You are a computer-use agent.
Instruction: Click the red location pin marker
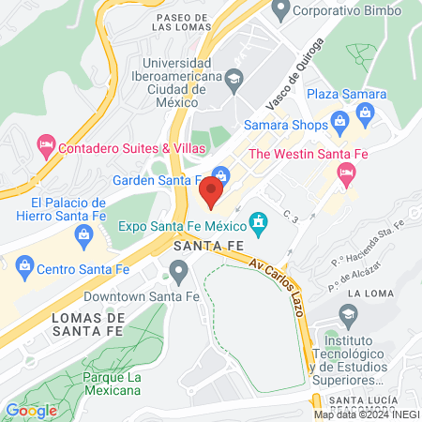tap(211, 194)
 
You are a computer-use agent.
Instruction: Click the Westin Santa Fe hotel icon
tap(346, 172)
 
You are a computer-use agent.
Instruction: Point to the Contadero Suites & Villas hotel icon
tap(44, 146)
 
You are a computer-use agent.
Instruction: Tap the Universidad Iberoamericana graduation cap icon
tap(234, 76)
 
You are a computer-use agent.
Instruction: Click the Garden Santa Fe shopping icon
tap(220, 174)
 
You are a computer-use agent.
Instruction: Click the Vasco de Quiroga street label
tap(295, 73)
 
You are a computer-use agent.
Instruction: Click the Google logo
tap(31, 410)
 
